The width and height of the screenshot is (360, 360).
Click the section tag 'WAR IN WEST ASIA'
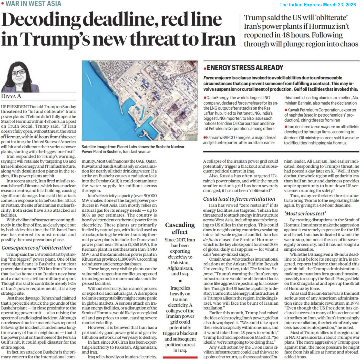click(x=33, y=4)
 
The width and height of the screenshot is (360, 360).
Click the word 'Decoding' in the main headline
click(x=41, y=20)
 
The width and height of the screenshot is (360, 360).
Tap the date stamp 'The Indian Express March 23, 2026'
click(x=317, y=5)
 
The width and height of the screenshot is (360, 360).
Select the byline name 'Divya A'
click(x=11, y=96)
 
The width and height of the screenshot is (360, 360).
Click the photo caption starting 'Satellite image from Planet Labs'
click(x=133, y=149)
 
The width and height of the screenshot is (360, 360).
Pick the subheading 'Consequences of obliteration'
click(x=37, y=248)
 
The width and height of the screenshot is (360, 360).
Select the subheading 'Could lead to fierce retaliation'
click(x=239, y=199)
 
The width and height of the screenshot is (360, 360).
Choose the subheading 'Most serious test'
click(x=305, y=213)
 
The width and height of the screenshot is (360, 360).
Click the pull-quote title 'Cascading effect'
click(x=180, y=228)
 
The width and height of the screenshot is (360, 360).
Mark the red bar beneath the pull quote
click(x=180, y=357)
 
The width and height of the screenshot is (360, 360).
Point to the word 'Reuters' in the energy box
click(x=291, y=138)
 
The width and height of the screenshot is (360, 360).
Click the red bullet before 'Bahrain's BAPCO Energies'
click(x=205, y=138)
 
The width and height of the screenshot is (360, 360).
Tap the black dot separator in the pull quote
click(x=180, y=281)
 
